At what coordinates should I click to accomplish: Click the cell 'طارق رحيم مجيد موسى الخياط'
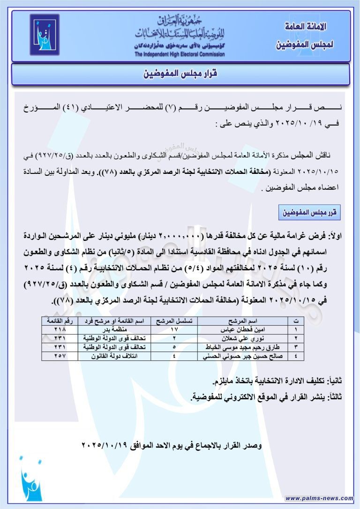247,347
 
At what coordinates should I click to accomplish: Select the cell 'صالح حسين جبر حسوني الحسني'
247,356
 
